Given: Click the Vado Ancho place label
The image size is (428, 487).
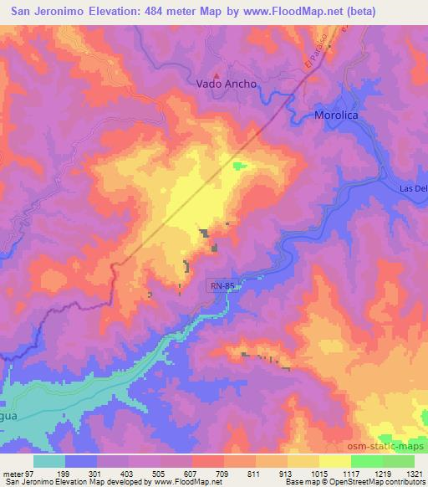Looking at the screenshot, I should pyautogui.click(x=226, y=85).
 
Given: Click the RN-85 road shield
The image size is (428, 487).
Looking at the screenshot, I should pyautogui.click(x=223, y=286).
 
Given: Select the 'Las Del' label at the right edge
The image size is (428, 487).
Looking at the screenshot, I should pyautogui.click(x=413, y=188).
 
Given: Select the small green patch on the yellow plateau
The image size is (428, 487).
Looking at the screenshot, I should pyautogui.click(x=241, y=165).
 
